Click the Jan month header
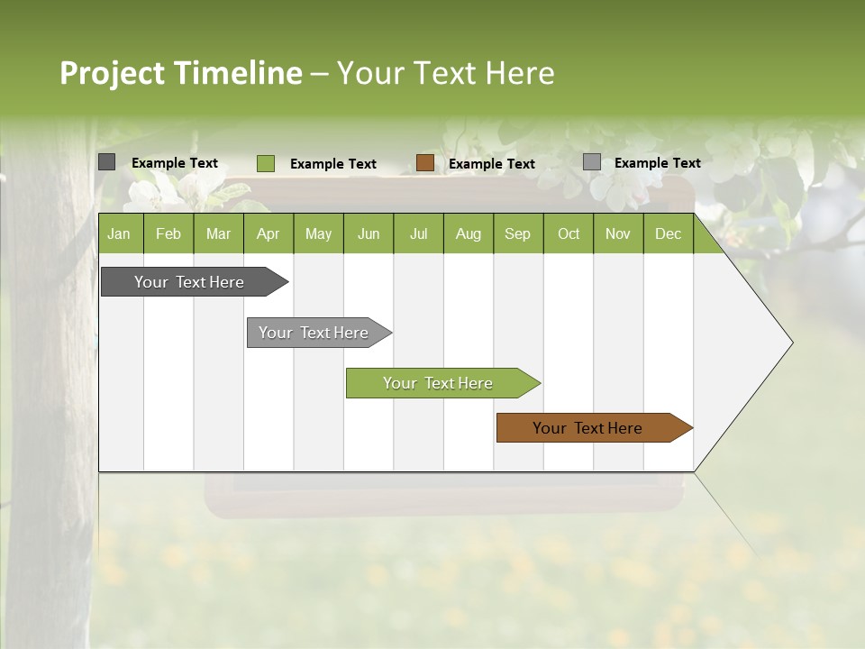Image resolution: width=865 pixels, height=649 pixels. [120, 233]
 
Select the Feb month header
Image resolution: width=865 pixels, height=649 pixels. [168, 233]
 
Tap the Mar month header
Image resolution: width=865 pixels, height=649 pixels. [218, 233]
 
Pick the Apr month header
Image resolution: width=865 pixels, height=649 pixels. [269, 233]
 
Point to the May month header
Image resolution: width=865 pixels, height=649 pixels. [318, 233]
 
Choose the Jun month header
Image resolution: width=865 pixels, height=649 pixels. [369, 233]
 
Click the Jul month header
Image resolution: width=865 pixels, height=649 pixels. [418, 233]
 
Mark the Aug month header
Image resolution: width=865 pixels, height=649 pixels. [469, 233]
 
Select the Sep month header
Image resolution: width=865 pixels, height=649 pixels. [518, 233]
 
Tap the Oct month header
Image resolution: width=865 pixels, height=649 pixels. [569, 233]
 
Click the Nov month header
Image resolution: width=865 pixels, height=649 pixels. [618, 233]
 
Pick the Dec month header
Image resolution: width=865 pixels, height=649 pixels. [669, 233]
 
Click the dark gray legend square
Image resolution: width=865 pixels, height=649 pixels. [107, 162]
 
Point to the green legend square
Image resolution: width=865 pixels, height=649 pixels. [266, 163]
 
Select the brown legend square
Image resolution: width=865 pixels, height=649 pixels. [425, 162]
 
